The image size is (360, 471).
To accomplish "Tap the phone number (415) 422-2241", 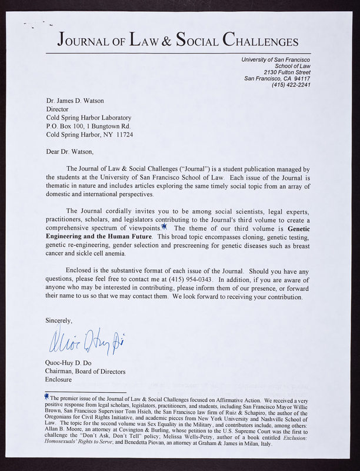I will pyautogui.click(x=291, y=85).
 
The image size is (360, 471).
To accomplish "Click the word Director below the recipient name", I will pyautogui.click(x=58, y=109).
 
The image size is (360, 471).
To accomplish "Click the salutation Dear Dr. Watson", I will pyautogui.click(x=69, y=151).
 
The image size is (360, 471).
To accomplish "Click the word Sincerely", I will pyautogui.click(x=59, y=321).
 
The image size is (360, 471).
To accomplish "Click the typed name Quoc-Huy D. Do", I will pyautogui.click(x=69, y=363).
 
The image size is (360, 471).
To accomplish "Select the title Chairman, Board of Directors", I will pyautogui.click(x=86, y=371).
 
